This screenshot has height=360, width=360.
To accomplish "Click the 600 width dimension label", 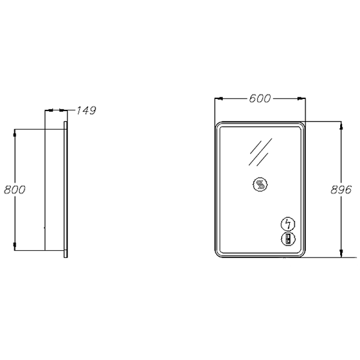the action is click(260, 99).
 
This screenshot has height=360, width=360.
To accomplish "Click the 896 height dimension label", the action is click(341, 189).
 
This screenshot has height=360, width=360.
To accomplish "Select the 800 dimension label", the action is click(15, 189).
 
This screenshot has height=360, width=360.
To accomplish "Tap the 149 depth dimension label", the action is click(86, 110).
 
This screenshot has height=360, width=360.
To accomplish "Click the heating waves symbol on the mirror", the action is click(260, 184).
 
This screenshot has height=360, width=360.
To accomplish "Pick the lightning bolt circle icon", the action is click(288, 224).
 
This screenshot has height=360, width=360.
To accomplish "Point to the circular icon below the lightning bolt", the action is click(288, 239).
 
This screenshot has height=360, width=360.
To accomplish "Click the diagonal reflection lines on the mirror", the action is click(261, 152).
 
